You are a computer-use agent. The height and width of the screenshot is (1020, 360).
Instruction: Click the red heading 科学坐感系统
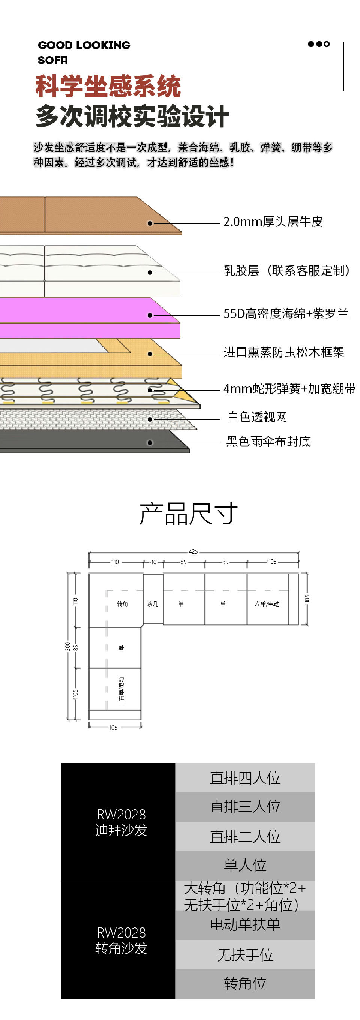[x=108, y=86]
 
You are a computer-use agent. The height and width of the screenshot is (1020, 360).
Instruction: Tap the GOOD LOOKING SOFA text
[x=84, y=52]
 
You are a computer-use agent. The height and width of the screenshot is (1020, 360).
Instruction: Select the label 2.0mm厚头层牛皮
[x=273, y=222]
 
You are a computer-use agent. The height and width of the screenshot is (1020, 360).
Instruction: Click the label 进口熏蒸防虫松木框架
[x=284, y=352]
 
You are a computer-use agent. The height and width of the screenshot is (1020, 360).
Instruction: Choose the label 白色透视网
[x=257, y=416]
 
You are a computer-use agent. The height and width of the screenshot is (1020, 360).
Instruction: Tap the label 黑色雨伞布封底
[x=268, y=441]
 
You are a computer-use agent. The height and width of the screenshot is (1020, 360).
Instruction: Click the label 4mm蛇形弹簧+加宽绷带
[x=289, y=389]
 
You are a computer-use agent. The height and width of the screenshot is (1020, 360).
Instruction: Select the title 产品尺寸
[x=189, y=514]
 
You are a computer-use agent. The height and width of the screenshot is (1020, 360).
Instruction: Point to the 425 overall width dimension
[x=193, y=551]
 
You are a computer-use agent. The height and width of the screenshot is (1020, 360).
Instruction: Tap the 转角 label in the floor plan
[x=122, y=604]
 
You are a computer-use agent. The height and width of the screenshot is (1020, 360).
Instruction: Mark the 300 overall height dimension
[x=68, y=647]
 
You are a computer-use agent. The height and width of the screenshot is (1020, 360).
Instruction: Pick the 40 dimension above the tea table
[x=153, y=562]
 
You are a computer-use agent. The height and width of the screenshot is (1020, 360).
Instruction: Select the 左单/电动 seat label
[x=267, y=604]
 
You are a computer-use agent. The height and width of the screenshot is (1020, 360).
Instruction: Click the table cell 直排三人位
[x=245, y=807]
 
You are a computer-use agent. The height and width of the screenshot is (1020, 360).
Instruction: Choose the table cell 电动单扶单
[x=245, y=924]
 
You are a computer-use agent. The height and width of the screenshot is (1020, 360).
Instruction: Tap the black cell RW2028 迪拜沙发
[x=118, y=822]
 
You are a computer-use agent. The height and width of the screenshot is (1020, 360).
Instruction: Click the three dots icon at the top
[x=318, y=44]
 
